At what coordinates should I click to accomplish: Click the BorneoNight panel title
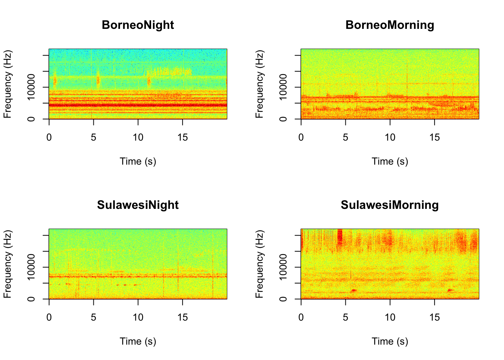click(x=138, y=25)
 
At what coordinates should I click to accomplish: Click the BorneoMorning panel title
click(x=390, y=25)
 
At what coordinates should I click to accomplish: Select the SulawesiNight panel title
click(x=138, y=205)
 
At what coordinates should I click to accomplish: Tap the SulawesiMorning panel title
click(x=390, y=205)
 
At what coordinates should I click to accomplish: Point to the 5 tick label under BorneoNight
click(x=93, y=138)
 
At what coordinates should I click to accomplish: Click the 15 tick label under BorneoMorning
click(x=434, y=138)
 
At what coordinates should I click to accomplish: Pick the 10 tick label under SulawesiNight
click(x=138, y=318)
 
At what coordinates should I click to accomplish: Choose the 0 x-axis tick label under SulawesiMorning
click(x=301, y=318)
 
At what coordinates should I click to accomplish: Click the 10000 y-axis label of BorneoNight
click(x=31, y=87)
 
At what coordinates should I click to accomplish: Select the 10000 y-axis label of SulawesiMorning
click(x=283, y=267)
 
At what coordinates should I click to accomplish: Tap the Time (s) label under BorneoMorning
click(x=390, y=162)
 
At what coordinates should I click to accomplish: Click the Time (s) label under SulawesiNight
click(x=138, y=342)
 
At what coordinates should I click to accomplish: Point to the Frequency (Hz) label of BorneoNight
click(x=7, y=84)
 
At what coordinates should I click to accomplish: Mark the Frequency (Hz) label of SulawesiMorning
click(x=259, y=264)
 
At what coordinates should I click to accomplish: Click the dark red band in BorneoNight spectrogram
click(x=138, y=105)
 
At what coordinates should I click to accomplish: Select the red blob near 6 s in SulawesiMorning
click(x=353, y=291)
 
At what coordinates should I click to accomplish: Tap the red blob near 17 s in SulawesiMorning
click(x=450, y=290)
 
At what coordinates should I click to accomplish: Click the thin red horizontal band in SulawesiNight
click(x=138, y=277)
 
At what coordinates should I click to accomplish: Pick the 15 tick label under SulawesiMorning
click(x=434, y=318)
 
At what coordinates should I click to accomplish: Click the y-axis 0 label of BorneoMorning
click(x=283, y=119)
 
